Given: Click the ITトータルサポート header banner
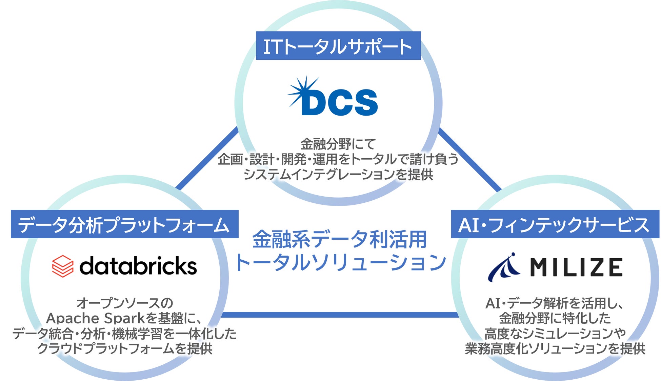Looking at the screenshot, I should click(338, 46).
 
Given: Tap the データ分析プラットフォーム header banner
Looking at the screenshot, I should click(124, 224).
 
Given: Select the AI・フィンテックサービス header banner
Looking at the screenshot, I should click(555, 224).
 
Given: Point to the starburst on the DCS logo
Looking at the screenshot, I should click(302, 91).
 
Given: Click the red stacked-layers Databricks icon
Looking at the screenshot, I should click(63, 266).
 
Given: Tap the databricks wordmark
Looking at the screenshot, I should click(138, 266).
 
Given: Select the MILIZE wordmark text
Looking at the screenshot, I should click(576, 267).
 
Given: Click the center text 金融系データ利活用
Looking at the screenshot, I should click(339, 239).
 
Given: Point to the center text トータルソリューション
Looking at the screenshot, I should click(340, 262).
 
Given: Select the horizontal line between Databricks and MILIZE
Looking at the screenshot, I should click(339, 315).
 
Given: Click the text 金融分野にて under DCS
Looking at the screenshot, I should click(338, 144).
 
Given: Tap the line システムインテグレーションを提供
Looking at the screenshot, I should click(338, 174).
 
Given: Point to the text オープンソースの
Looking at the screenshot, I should click(124, 303).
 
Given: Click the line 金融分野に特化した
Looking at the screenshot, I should click(555, 318).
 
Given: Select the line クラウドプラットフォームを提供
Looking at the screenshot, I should click(124, 348).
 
